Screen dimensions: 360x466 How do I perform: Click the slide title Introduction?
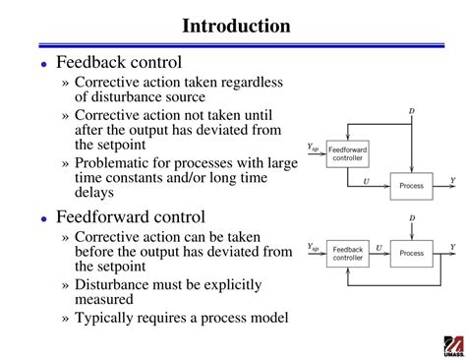(235, 26)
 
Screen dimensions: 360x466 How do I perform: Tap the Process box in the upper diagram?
(411, 184)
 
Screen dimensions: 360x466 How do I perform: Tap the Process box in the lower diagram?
(411, 253)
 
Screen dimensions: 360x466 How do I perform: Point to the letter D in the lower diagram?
(411, 217)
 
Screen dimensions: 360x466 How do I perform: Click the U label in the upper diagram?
(366, 180)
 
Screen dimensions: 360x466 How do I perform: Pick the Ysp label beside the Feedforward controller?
(313, 147)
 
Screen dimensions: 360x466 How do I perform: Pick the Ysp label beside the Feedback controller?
(313, 248)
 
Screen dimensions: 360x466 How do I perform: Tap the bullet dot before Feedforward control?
(44, 217)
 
